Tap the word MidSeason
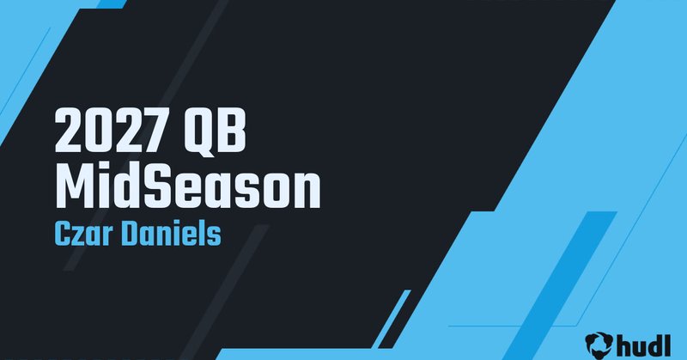coord(186,187)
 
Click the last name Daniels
coord(173,234)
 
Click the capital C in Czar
coord(62,234)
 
